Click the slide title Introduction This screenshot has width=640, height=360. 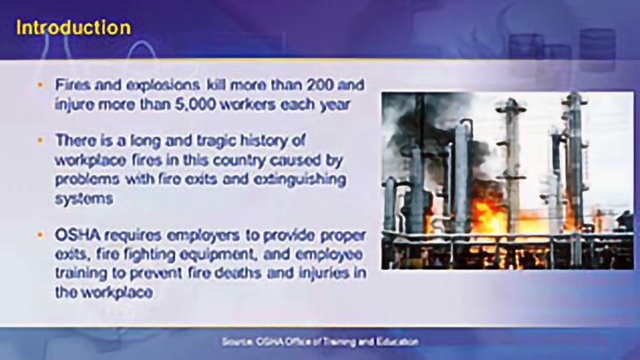tap(74, 27)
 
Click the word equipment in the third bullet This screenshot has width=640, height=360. tap(187, 252)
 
